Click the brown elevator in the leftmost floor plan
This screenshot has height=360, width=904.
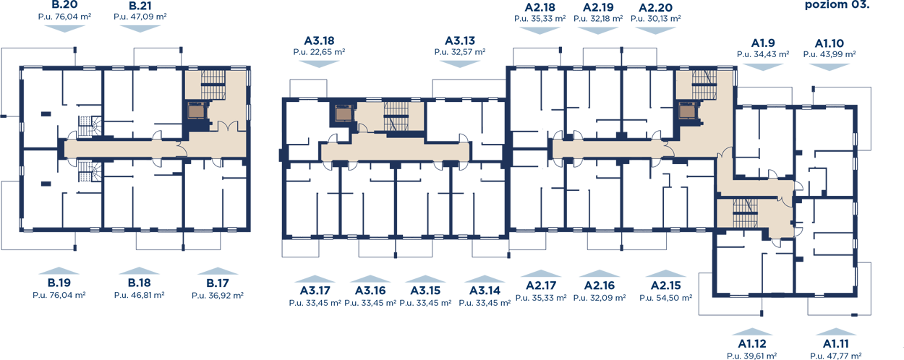(196, 111)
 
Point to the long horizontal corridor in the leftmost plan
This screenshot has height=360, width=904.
(123, 149)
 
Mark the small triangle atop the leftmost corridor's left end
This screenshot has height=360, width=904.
(71, 138)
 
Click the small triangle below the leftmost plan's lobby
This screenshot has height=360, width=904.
(216, 160)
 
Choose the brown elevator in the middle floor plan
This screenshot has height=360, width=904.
(344, 113)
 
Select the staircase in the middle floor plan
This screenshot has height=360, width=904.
(396, 116)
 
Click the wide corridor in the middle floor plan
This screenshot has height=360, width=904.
(394, 152)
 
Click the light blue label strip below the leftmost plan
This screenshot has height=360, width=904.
(137, 283)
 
